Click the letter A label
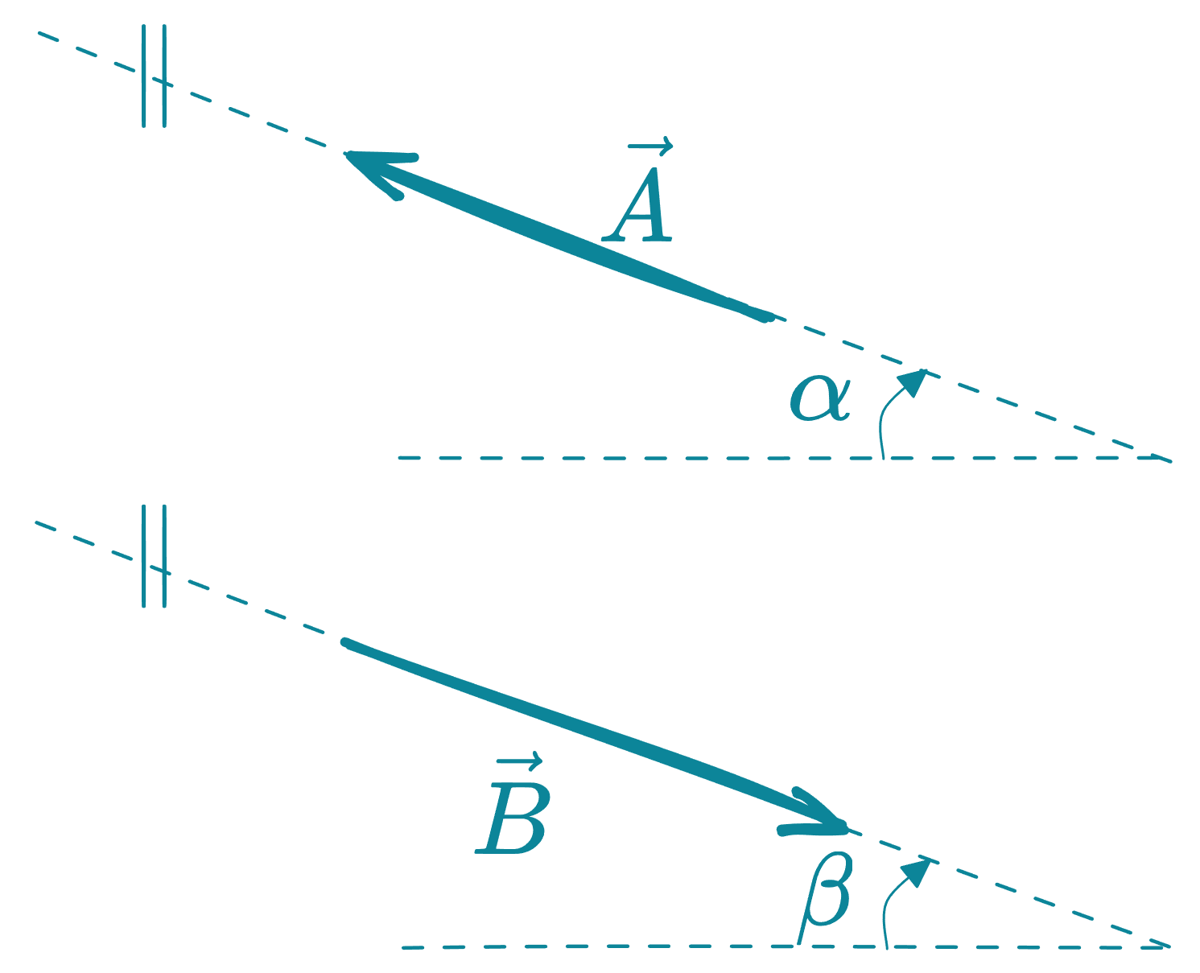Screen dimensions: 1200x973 tap(639, 206)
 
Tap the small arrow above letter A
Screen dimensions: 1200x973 tap(649, 146)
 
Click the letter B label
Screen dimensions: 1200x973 tap(513, 819)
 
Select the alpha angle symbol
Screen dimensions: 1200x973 tap(819, 398)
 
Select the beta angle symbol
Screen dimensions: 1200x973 tap(827, 893)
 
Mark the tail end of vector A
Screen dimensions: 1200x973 tap(767, 317)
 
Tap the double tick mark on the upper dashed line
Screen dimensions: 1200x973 tap(154, 77)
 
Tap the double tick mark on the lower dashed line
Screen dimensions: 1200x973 tap(154, 557)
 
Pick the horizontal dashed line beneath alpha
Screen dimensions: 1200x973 tap(644, 458)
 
